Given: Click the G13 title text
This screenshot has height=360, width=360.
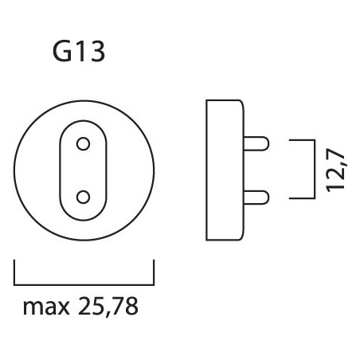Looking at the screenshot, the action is click(79, 52).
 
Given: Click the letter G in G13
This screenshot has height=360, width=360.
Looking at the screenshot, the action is click(62, 52).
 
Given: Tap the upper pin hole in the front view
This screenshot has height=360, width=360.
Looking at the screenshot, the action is click(83, 144).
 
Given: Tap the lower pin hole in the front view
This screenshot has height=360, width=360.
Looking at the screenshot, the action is click(83, 198).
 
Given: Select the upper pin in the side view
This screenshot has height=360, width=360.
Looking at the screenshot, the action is click(256, 143).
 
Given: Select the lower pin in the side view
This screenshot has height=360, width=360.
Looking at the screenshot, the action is click(256, 198).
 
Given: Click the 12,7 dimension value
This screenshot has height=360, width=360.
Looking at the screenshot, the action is click(335, 170).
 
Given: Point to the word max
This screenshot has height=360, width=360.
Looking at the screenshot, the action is click(46, 307).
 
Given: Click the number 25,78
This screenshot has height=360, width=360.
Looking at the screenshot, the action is click(108, 307).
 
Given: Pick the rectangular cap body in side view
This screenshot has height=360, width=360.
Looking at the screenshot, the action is click(225, 170).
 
